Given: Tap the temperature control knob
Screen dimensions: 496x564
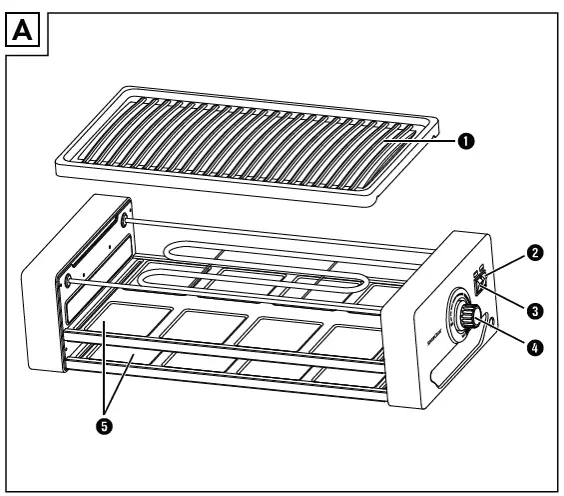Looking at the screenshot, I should click(x=465, y=314).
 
